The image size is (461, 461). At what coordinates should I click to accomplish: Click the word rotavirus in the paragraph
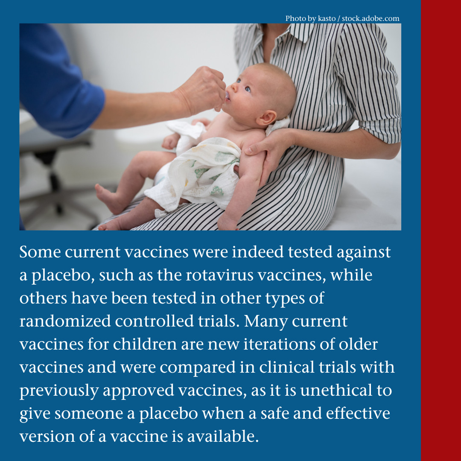[219, 275]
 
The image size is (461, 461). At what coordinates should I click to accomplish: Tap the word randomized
[65, 321]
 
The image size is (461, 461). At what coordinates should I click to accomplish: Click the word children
[145, 344]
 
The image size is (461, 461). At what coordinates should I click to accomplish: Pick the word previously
[59, 391]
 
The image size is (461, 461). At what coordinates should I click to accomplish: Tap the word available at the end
[223, 436]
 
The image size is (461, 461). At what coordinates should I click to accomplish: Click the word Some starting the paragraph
[40, 252]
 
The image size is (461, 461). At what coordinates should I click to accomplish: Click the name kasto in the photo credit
[327, 18]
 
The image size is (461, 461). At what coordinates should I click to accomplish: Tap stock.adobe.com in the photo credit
[371, 18]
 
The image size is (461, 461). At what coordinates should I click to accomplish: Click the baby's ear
[267, 118]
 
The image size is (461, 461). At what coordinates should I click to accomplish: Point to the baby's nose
[234, 87]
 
